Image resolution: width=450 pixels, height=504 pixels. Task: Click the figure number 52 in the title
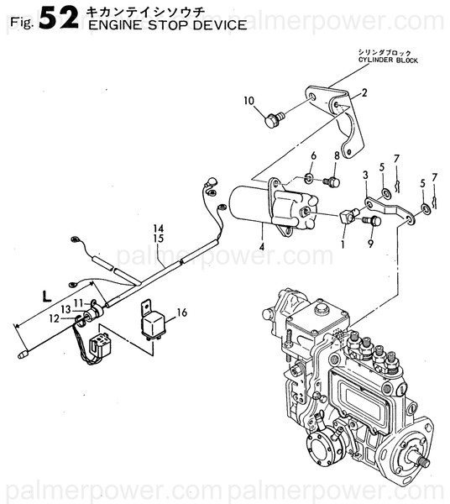point(56,18)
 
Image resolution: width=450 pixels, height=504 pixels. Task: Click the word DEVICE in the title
point(217,25)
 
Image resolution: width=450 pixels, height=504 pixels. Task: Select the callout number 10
point(249,102)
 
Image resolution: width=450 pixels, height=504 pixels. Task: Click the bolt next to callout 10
point(272,122)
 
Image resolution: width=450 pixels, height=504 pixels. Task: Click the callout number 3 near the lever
point(365,174)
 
